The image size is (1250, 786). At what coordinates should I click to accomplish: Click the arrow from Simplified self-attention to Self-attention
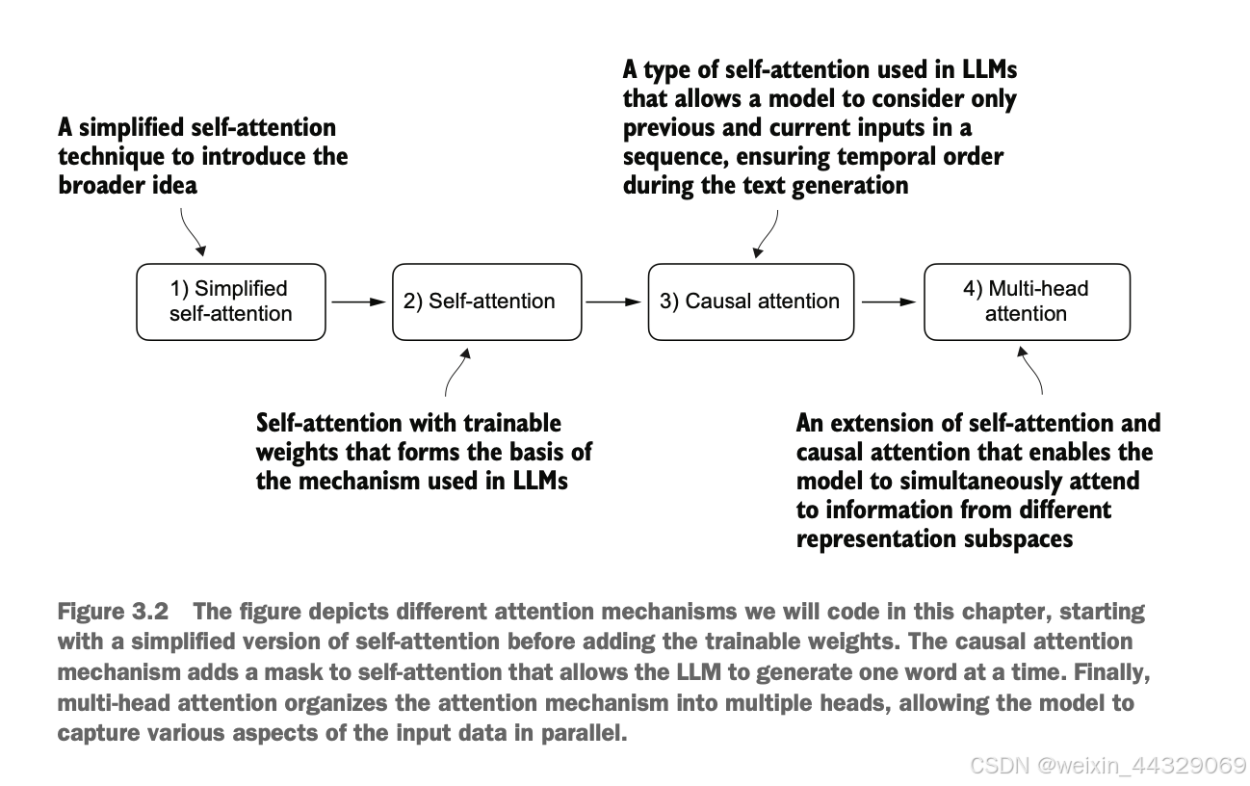click(x=359, y=302)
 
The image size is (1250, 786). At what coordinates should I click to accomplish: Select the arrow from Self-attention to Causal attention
click(x=613, y=302)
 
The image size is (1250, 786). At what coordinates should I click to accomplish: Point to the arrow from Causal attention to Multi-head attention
click(x=889, y=302)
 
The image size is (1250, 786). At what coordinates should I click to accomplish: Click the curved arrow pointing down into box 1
click(x=190, y=233)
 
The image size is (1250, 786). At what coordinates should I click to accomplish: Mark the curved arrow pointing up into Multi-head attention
click(x=1031, y=370)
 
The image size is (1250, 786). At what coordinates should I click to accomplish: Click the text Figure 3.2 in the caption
click(x=113, y=612)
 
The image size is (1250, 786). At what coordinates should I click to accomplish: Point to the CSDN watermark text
click(x=1107, y=766)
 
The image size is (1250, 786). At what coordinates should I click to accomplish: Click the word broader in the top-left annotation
click(x=98, y=185)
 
